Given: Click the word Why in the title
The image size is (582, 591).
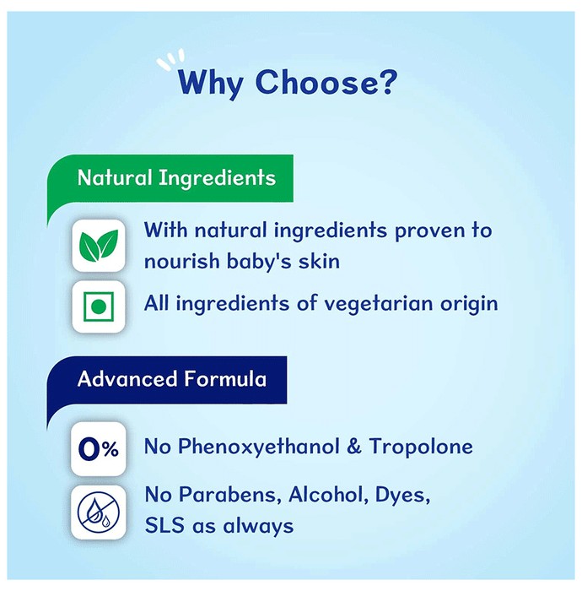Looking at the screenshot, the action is point(210,83).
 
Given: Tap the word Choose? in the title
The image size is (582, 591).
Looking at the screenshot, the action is point(326,81).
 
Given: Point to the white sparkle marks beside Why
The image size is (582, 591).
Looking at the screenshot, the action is point(171,60).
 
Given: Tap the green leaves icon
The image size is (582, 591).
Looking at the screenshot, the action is point(99,246).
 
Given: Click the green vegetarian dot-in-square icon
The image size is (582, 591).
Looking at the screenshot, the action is point(99,306).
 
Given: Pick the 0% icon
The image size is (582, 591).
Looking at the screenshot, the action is point(99,449).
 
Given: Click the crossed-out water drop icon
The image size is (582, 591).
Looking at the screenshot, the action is point(99,512).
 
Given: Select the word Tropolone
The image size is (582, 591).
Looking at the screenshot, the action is point(421,447).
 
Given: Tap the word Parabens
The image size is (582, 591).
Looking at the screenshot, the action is point(230,495).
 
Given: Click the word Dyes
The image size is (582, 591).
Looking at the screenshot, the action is point(402,496).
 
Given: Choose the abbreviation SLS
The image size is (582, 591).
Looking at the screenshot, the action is point(164,525).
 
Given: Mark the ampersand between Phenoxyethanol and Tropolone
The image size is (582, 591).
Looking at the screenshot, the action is point(354,447).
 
